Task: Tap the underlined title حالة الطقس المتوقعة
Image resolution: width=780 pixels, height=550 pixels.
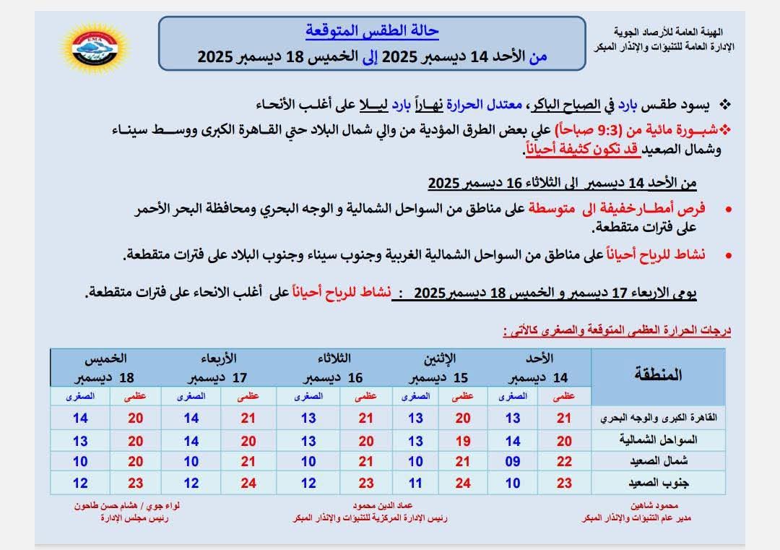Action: pos(372,32)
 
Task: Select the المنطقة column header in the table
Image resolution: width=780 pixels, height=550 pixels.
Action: pos(658,374)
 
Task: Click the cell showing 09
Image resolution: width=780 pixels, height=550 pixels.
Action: pos(513,461)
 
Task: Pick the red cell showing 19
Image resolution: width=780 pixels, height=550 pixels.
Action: pos(463,440)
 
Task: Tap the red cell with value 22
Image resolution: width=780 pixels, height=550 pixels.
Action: pos(565,461)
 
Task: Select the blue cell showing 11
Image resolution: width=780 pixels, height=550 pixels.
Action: pos(416,482)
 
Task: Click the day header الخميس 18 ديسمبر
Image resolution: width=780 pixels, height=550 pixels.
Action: pos(105,368)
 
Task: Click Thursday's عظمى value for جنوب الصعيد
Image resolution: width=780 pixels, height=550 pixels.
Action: pos(136,482)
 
